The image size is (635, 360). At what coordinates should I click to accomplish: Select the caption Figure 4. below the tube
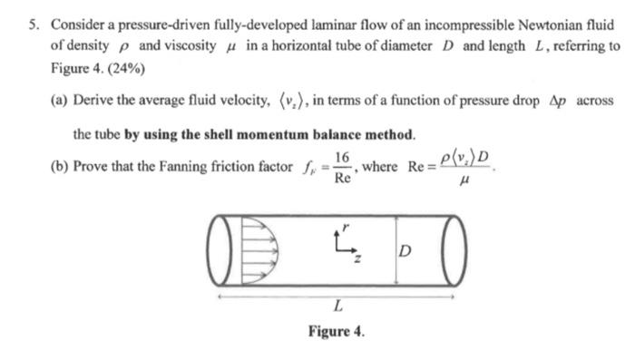335,332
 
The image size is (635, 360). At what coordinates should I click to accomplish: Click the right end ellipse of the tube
451,246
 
